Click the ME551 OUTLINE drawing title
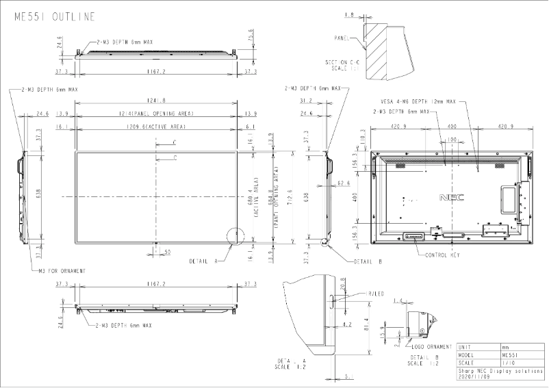coord(55,16)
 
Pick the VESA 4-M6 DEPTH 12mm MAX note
coord(418,101)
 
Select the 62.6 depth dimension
coord(344,183)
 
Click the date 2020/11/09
coord(474,376)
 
